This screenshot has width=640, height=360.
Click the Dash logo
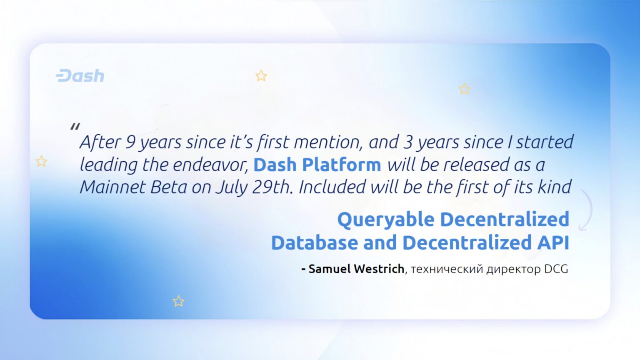[x=80, y=76]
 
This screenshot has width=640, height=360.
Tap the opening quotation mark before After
[x=75, y=126]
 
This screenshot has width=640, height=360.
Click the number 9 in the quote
[x=130, y=142]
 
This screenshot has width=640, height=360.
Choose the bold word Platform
[x=341, y=165]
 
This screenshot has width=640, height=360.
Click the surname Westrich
[x=379, y=269]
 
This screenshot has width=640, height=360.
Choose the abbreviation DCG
[x=556, y=269]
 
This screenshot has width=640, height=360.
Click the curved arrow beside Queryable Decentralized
[x=587, y=210]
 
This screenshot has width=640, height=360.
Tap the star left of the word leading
[x=41, y=161]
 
